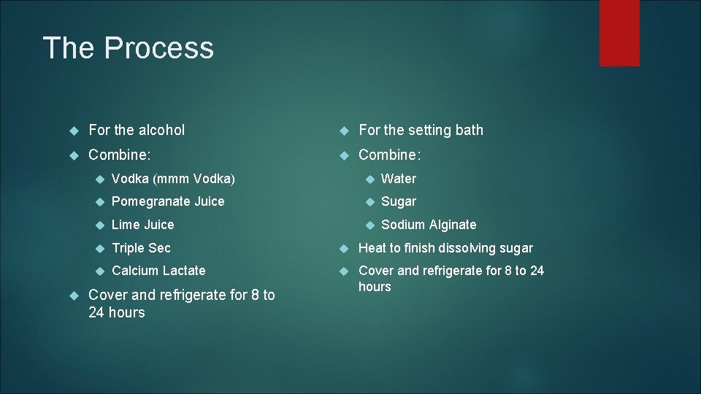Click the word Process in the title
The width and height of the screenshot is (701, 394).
[x=159, y=48]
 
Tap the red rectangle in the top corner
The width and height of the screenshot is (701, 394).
[x=619, y=33]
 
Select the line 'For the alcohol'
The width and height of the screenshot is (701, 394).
[x=137, y=130]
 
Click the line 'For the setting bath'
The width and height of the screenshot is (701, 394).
[x=421, y=130]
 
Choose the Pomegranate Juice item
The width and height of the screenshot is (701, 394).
[x=168, y=201]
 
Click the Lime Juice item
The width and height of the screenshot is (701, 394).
[x=143, y=225]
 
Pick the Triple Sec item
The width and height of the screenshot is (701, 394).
[x=141, y=248]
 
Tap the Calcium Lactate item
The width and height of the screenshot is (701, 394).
[x=158, y=271]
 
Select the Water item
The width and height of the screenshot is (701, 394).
[x=399, y=179]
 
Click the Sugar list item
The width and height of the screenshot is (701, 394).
[x=399, y=201]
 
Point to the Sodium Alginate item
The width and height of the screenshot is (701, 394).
[x=429, y=225]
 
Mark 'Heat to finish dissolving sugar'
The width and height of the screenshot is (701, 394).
[x=445, y=248]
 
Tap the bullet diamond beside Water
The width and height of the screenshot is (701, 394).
[x=370, y=179]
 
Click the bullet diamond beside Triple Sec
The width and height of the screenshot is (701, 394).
[x=100, y=248]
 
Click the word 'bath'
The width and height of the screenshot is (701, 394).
[x=469, y=130]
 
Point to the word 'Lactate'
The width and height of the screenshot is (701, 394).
[x=184, y=271]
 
